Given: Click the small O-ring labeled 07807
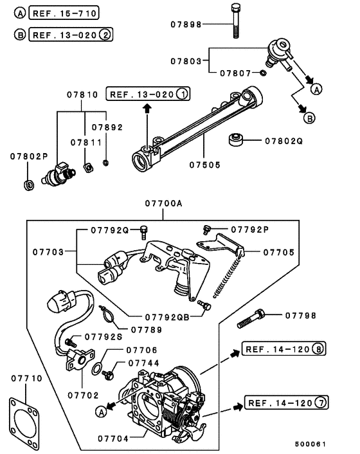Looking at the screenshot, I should click(264, 73).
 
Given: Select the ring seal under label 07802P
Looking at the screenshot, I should click(28, 185).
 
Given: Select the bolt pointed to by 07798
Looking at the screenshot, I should click(251, 317).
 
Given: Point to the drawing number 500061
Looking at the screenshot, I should click(310, 444).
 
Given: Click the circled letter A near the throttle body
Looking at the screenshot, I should click(100, 410).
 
